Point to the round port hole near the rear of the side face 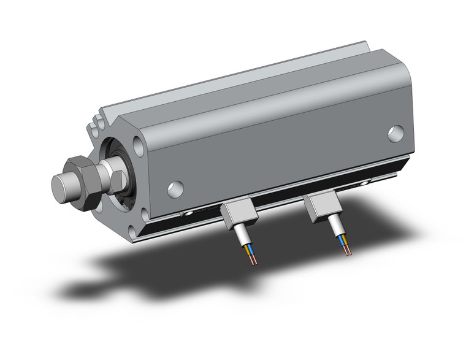point(395,133)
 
